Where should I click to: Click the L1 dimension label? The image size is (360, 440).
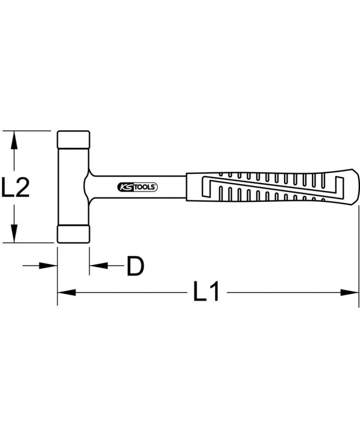pyautogui.click(x=206, y=292)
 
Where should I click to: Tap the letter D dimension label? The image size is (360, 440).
pyautogui.click(x=135, y=266)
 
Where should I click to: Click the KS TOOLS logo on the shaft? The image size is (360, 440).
pyautogui.click(x=137, y=187)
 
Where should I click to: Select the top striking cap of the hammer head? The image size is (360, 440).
pyautogui.click(x=74, y=140)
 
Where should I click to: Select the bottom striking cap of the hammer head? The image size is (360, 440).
pyautogui.click(x=74, y=234)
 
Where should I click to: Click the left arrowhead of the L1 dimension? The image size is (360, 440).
pyautogui.click(x=67, y=293)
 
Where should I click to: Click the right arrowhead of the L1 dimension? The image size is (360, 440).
pyautogui.click(x=350, y=293)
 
